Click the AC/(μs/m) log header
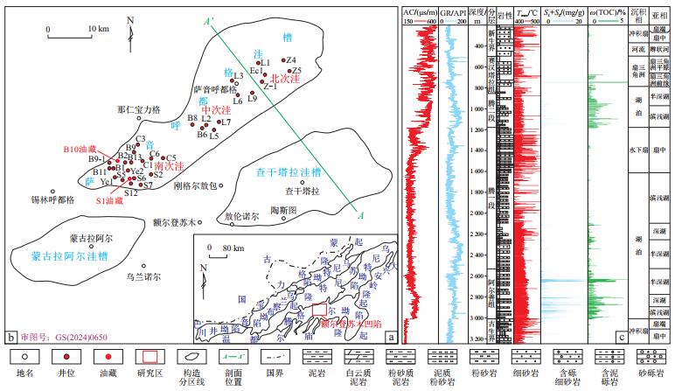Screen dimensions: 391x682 click(x=420, y=11)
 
